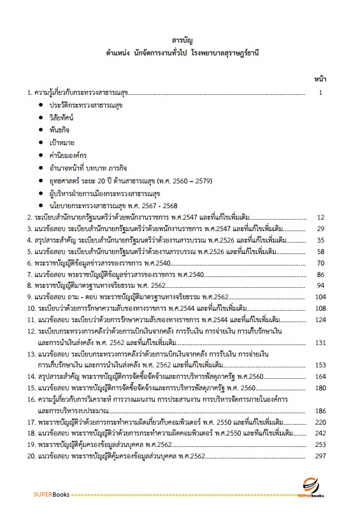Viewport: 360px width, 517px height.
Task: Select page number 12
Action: (321, 217)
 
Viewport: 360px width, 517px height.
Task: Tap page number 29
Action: (321, 229)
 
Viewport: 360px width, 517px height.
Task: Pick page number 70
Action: (321, 263)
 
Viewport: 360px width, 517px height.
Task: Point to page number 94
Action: (321, 286)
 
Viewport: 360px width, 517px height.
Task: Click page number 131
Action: (320, 342)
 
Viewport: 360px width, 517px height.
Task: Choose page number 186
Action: (320, 411)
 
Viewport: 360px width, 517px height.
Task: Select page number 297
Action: (320, 457)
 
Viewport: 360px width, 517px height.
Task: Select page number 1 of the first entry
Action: (322, 93)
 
